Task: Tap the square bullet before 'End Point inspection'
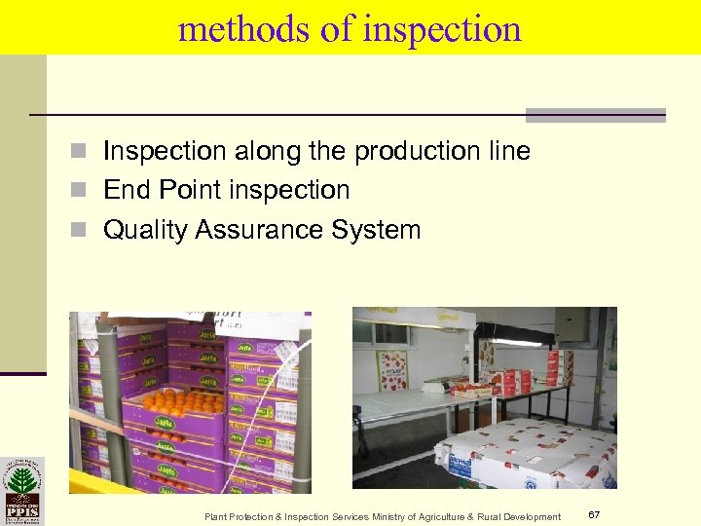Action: pos(85,191)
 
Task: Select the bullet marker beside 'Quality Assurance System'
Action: pos(85,231)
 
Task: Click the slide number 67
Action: pos(594,513)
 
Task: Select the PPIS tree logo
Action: pos(21,491)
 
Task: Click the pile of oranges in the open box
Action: pos(184,400)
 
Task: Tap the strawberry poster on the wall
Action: pos(392,369)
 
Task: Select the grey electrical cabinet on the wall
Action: pos(575,327)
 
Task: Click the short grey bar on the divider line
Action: pos(595,115)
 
